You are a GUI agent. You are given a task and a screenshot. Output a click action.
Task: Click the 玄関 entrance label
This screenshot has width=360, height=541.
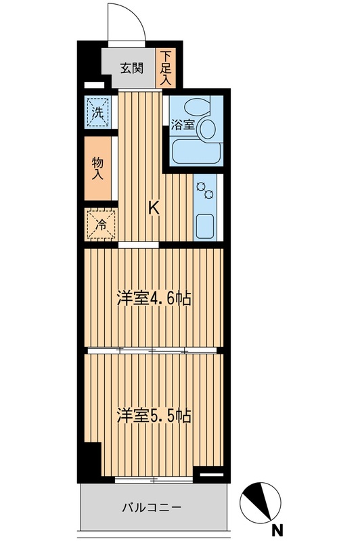(132, 68)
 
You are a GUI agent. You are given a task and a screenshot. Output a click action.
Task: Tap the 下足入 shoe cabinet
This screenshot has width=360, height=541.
(166, 68)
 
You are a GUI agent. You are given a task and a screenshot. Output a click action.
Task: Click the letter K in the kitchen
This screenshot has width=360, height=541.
(154, 209)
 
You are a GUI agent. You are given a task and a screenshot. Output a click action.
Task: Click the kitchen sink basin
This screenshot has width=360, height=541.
(204, 225)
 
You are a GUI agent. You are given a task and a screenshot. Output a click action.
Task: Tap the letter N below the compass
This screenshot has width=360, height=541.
(277, 530)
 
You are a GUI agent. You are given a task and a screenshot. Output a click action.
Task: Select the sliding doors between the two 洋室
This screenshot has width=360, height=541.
(152, 350)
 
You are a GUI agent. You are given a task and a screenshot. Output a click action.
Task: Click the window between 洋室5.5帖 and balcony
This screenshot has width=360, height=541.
(154, 479)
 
